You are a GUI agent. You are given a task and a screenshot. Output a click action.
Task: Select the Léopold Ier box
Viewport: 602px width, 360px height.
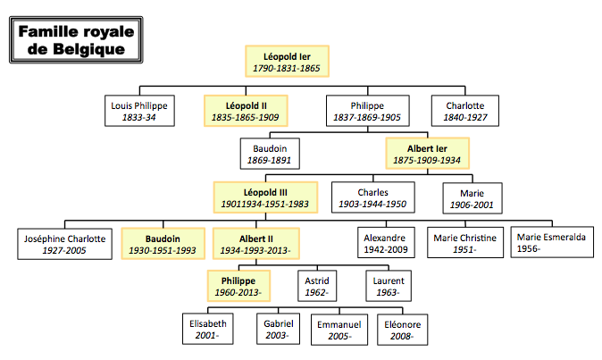(x=288, y=61)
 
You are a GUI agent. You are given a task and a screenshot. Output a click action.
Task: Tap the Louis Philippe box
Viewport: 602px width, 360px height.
(x=138, y=111)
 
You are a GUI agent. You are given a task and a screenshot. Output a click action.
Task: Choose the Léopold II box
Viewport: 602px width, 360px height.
(x=246, y=111)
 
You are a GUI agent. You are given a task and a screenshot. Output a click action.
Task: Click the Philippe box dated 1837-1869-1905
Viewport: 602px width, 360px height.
(x=367, y=111)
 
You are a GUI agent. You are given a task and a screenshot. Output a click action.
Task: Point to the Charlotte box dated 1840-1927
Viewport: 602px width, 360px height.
(x=464, y=111)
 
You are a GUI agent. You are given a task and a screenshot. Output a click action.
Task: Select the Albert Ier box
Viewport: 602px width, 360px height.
(x=427, y=154)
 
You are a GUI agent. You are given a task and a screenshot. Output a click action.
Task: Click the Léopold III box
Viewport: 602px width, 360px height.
(x=266, y=197)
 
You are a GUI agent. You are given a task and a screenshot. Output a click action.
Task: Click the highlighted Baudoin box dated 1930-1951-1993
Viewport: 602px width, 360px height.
(x=163, y=244)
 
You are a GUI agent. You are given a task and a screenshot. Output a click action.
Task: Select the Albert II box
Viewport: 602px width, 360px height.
(x=255, y=244)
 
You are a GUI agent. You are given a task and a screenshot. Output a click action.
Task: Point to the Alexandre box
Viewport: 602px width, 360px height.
(x=385, y=244)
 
